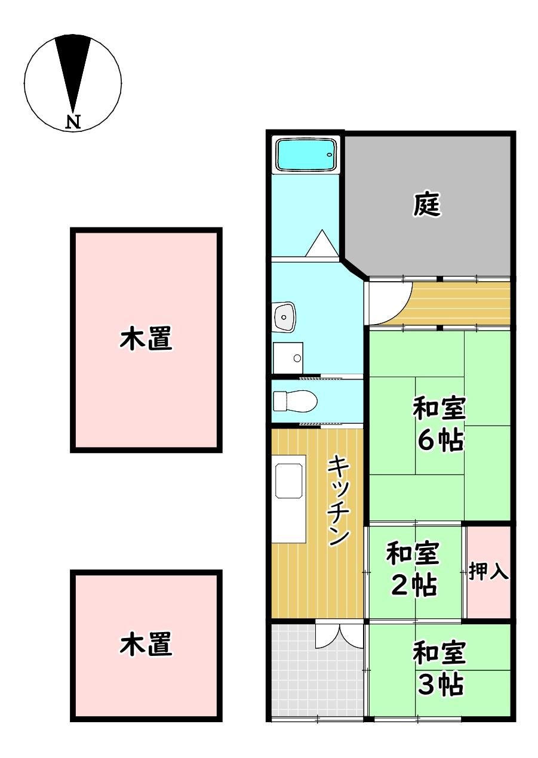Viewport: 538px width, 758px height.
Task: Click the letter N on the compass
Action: (73, 122)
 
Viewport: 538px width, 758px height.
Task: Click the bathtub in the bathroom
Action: (306, 155)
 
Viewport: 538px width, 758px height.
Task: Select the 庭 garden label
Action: (428, 205)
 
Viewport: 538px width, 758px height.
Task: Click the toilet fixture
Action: (294, 401)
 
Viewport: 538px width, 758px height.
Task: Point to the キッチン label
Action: (339, 500)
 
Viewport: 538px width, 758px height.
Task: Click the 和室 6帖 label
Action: (439, 425)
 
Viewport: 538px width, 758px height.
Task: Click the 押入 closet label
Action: (488, 572)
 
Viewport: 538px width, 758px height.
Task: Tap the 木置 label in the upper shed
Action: (147, 339)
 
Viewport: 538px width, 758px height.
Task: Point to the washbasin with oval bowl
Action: (284, 316)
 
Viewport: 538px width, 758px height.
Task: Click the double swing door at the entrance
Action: (339, 636)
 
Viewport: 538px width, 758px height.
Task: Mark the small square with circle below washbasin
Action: (288, 357)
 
